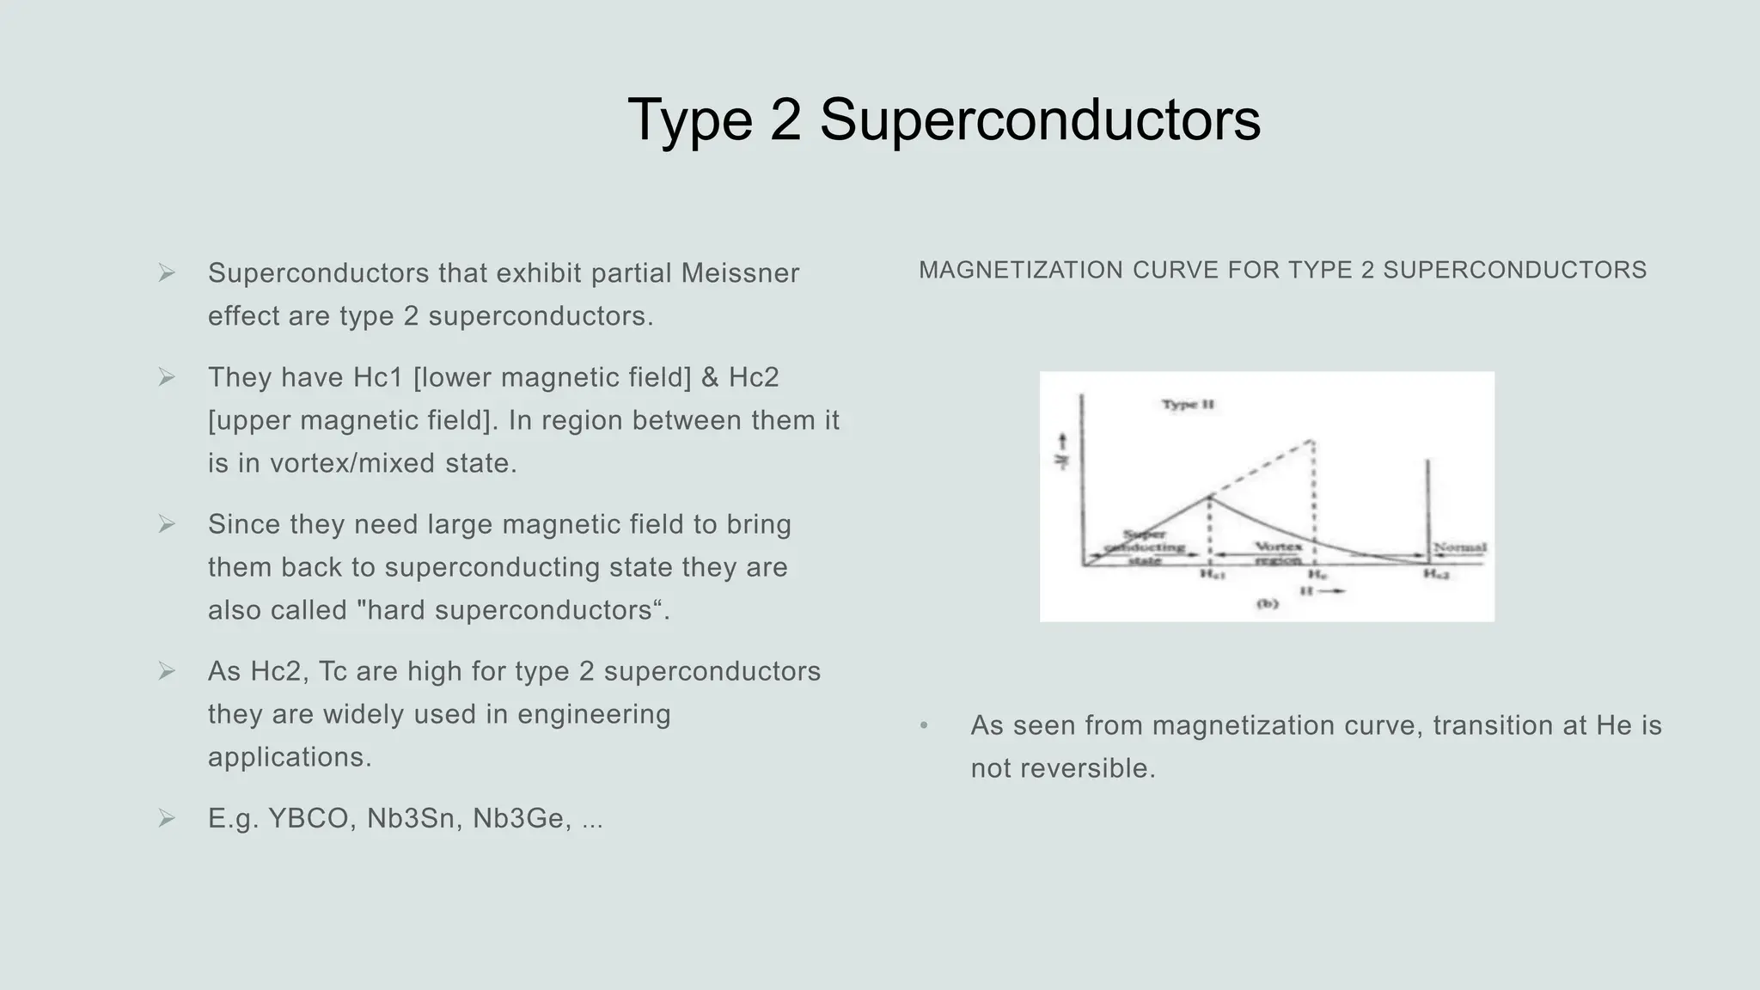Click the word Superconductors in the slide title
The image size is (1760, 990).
[x=1040, y=120]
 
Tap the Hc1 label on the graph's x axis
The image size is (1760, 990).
[x=1212, y=574]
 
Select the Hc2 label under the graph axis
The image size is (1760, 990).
[x=1436, y=574]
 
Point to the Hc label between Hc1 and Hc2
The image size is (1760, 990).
[x=1317, y=574]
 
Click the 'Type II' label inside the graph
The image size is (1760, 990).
[x=1188, y=404]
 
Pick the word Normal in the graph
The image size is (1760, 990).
[x=1460, y=547]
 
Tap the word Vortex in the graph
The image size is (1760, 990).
[x=1278, y=547]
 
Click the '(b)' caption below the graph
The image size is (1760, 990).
[x=1268, y=604]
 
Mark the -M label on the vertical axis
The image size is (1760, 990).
[x=1062, y=453]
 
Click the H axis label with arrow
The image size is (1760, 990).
[x=1322, y=591]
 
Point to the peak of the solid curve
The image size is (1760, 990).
[x=1210, y=496]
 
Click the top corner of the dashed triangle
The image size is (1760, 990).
[x=1312, y=441]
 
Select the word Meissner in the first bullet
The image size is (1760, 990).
[x=740, y=273]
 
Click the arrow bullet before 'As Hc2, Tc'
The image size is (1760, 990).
[x=167, y=671]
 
